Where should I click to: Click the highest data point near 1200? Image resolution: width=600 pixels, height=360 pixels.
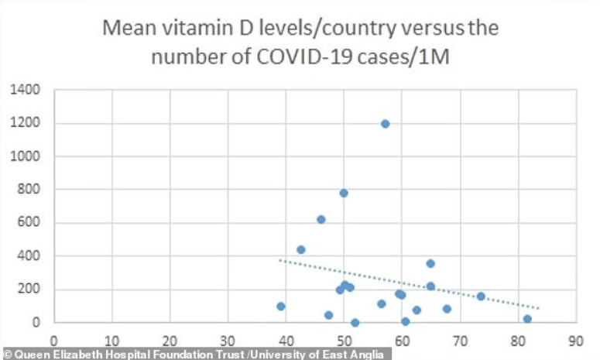click(385, 124)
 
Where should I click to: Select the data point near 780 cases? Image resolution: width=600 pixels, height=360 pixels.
click(344, 193)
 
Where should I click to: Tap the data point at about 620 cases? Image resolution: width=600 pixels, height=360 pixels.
click(321, 219)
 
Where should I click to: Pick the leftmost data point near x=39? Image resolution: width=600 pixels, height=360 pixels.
click(280, 307)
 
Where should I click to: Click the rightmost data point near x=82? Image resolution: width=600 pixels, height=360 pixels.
click(527, 319)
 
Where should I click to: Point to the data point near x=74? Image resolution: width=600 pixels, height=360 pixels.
click(481, 297)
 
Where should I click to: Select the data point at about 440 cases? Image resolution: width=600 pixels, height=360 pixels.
click(301, 249)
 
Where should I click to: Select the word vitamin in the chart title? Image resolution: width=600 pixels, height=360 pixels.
click(185, 29)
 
